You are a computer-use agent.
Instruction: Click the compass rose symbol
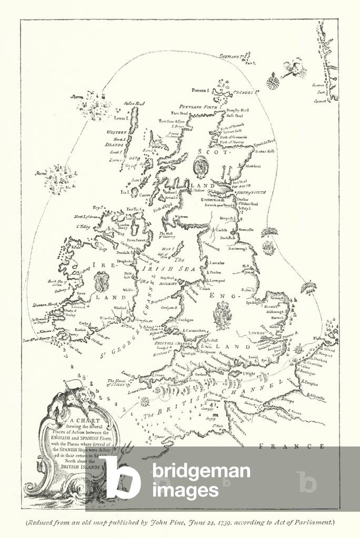click(273, 82)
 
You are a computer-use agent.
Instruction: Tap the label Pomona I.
click(201, 91)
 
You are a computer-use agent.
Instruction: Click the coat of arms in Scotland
click(201, 168)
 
